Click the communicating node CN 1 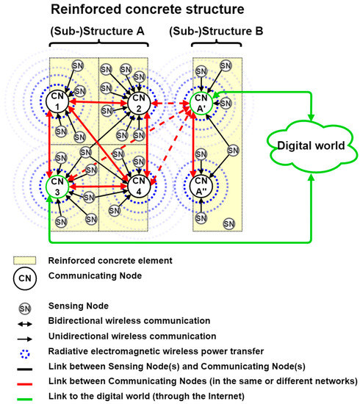tap(57, 102)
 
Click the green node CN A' tap(201, 103)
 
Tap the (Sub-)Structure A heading tap(98, 34)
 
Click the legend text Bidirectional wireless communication tap(129, 321)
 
